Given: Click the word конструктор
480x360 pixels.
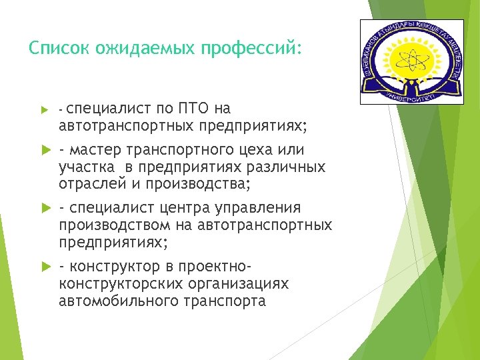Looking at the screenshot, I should [x=116, y=267].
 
